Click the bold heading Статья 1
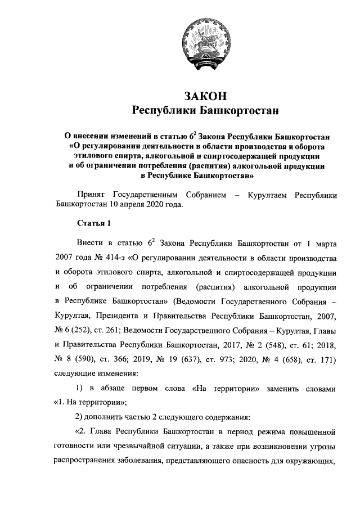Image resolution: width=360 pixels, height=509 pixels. coord(94,224)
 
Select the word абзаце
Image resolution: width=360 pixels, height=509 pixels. coord(111,389)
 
